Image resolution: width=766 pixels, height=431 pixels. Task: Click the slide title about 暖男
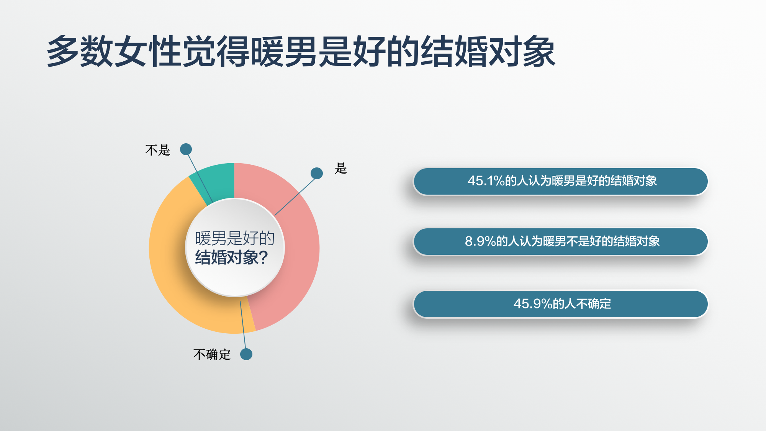[301, 51]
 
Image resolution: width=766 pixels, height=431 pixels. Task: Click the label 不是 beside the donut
[157, 150]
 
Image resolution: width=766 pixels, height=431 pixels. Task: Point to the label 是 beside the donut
[340, 168]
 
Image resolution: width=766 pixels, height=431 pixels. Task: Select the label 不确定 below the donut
[212, 354]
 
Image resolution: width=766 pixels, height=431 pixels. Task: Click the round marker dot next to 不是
[186, 149]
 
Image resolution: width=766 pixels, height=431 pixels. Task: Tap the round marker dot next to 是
[317, 173]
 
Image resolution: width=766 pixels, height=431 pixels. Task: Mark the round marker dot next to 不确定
[246, 354]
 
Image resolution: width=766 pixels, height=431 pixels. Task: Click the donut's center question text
[234, 248]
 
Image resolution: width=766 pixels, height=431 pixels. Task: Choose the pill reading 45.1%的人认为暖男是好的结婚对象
[561, 181]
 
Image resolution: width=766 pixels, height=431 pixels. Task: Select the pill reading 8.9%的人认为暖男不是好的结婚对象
[561, 242]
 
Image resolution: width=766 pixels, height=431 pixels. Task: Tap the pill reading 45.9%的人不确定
[561, 304]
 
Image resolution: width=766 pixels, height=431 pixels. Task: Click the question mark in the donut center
[264, 258]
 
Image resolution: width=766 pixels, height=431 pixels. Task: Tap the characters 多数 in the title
[80, 51]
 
